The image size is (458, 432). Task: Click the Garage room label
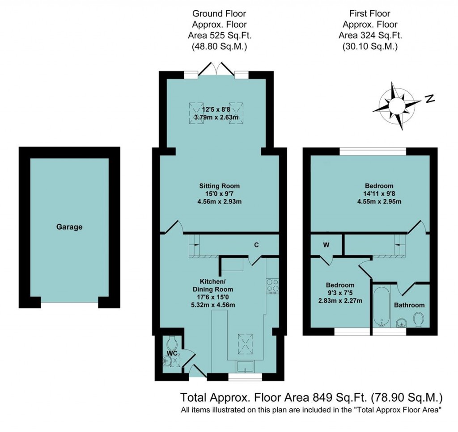[69, 227]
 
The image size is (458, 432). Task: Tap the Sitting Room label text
[220, 186]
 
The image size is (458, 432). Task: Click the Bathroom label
[409, 305]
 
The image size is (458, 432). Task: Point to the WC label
[172, 353]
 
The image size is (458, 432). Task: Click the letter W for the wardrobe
[326, 245]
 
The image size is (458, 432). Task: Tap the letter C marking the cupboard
[257, 245]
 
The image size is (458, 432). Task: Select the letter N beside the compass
[430, 99]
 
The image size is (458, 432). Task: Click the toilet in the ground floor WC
[171, 344]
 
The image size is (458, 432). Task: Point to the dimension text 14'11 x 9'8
[379, 194]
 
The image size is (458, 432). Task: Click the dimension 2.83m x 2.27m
[340, 301]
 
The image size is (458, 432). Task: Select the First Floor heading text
[370, 14]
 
